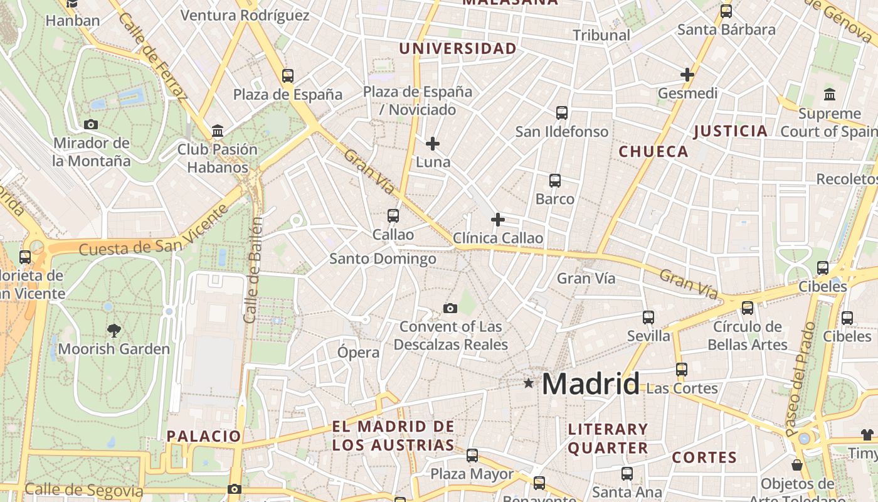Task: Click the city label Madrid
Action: (591, 383)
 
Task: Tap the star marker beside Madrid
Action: (529, 383)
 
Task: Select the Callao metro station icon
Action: (393, 216)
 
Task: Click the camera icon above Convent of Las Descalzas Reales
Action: (450, 308)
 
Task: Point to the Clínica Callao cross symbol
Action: (498, 220)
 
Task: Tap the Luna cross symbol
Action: (433, 144)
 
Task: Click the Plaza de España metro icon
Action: (288, 76)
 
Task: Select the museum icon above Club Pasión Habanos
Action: (218, 131)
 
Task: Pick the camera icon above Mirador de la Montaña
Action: (91, 124)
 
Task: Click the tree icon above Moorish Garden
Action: (114, 330)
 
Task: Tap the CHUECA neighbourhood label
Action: (653, 151)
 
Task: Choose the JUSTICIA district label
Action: (731, 131)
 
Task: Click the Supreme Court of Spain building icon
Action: (830, 95)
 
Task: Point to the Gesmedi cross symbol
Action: (687, 75)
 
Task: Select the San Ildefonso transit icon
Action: (562, 113)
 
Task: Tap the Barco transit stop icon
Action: (555, 181)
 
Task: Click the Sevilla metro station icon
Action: (648, 318)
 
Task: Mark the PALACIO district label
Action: (204, 436)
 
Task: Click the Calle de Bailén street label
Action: (254, 270)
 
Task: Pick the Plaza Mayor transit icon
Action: (472, 456)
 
